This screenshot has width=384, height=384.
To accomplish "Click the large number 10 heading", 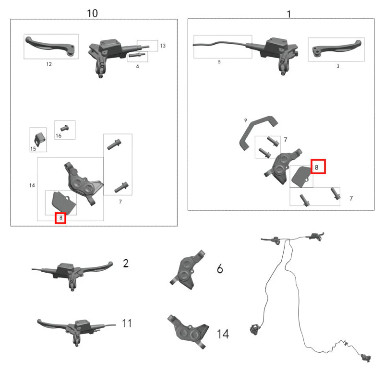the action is [x=92, y=13].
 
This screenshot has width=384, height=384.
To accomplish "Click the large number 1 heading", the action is [x=289, y=14].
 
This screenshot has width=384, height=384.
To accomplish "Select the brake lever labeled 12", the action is [x=50, y=47].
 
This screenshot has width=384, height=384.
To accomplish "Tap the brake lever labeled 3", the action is [x=337, y=48].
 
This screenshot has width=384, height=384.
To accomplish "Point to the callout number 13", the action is [x=163, y=46].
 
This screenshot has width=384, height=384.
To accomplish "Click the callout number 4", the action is [x=137, y=66].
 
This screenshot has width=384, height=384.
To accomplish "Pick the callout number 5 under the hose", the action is [x=219, y=62].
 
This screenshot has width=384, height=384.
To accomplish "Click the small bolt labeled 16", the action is [x=65, y=128].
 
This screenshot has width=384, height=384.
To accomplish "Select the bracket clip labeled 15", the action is [x=39, y=139].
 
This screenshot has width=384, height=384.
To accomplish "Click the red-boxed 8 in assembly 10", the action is [x=60, y=218].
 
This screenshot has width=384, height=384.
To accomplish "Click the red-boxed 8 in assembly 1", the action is [x=318, y=167].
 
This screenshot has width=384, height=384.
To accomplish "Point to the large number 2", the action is [x=126, y=264].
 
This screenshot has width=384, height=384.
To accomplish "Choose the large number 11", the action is [x=127, y=323].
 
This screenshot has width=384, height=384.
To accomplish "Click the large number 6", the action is [x=220, y=269].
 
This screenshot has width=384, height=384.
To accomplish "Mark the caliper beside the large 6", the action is [x=187, y=270].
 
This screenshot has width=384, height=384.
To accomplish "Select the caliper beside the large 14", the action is [x=188, y=332].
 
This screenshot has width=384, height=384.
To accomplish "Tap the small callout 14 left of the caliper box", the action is [x=32, y=185].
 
